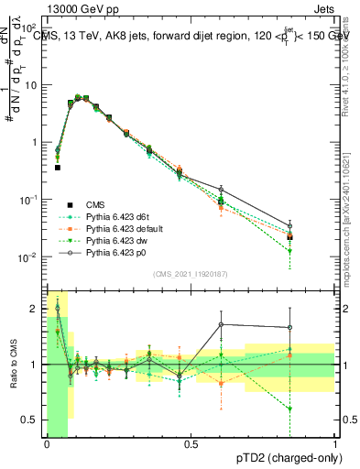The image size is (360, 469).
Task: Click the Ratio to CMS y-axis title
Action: click(12, 365)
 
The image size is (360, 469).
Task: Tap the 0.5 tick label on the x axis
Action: click(191, 446)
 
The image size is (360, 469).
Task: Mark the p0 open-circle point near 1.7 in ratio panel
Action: click(221, 324)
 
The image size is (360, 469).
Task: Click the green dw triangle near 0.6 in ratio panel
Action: click(290, 409)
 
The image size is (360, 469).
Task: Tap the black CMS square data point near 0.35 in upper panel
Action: click(57, 168)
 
